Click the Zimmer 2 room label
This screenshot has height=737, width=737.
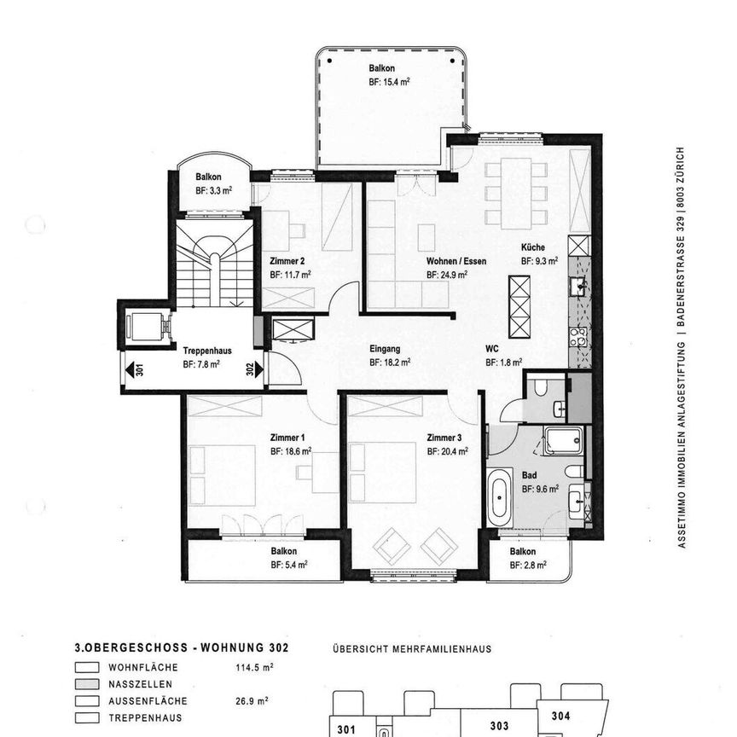point(287,262)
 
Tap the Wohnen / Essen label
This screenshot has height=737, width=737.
point(456,262)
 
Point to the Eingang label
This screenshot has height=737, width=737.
point(385,348)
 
